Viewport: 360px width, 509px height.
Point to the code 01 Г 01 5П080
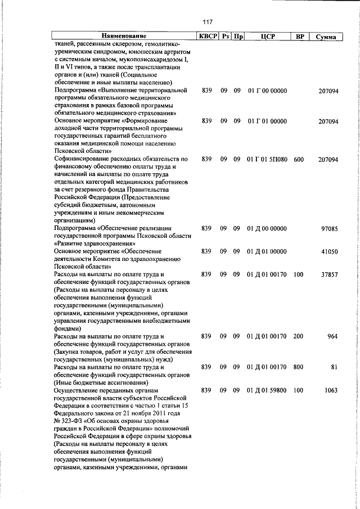coord(267,160)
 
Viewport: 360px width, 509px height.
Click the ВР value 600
coord(298,160)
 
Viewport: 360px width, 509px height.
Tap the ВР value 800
coord(298,367)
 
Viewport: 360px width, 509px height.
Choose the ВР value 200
coord(298,336)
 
